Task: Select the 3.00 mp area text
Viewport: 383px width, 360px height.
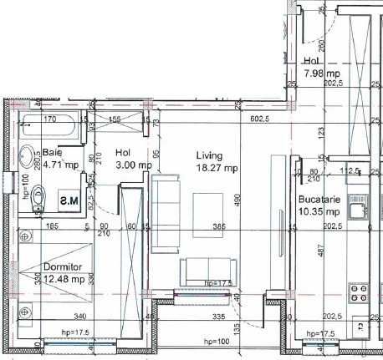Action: [134, 165]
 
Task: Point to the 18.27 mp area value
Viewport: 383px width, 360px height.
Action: [217, 168]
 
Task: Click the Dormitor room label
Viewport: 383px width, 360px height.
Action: [64, 267]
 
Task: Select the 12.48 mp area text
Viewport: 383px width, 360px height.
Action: [64, 279]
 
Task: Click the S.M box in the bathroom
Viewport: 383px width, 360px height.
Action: [69, 200]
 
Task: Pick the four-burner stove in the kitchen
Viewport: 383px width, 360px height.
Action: [360, 292]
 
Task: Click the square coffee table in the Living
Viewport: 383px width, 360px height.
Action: [207, 207]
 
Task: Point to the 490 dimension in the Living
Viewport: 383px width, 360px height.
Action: [237, 200]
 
